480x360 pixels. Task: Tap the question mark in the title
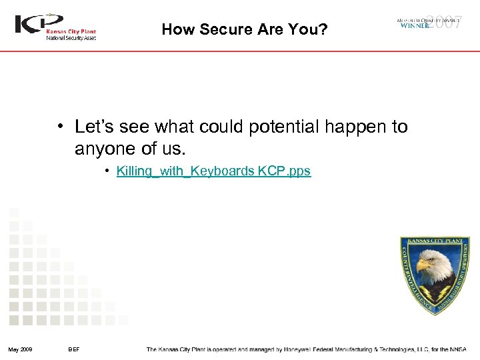click(x=323, y=29)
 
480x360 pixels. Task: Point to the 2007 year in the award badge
click(x=445, y=21)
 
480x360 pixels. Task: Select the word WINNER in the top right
click(x=415, y=26)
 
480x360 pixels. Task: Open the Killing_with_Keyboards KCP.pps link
click(x=213, y=171)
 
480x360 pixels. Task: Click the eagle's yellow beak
click(x=423, y=265)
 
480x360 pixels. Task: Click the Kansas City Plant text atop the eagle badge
click(x=435, y=241)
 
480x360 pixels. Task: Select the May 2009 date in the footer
click(x=21, y=349)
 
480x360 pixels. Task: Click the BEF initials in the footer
click(x=74, y=349)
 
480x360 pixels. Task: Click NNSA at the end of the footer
click(x=459, y=349)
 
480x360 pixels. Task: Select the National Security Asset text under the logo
click(x=71, y=38)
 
